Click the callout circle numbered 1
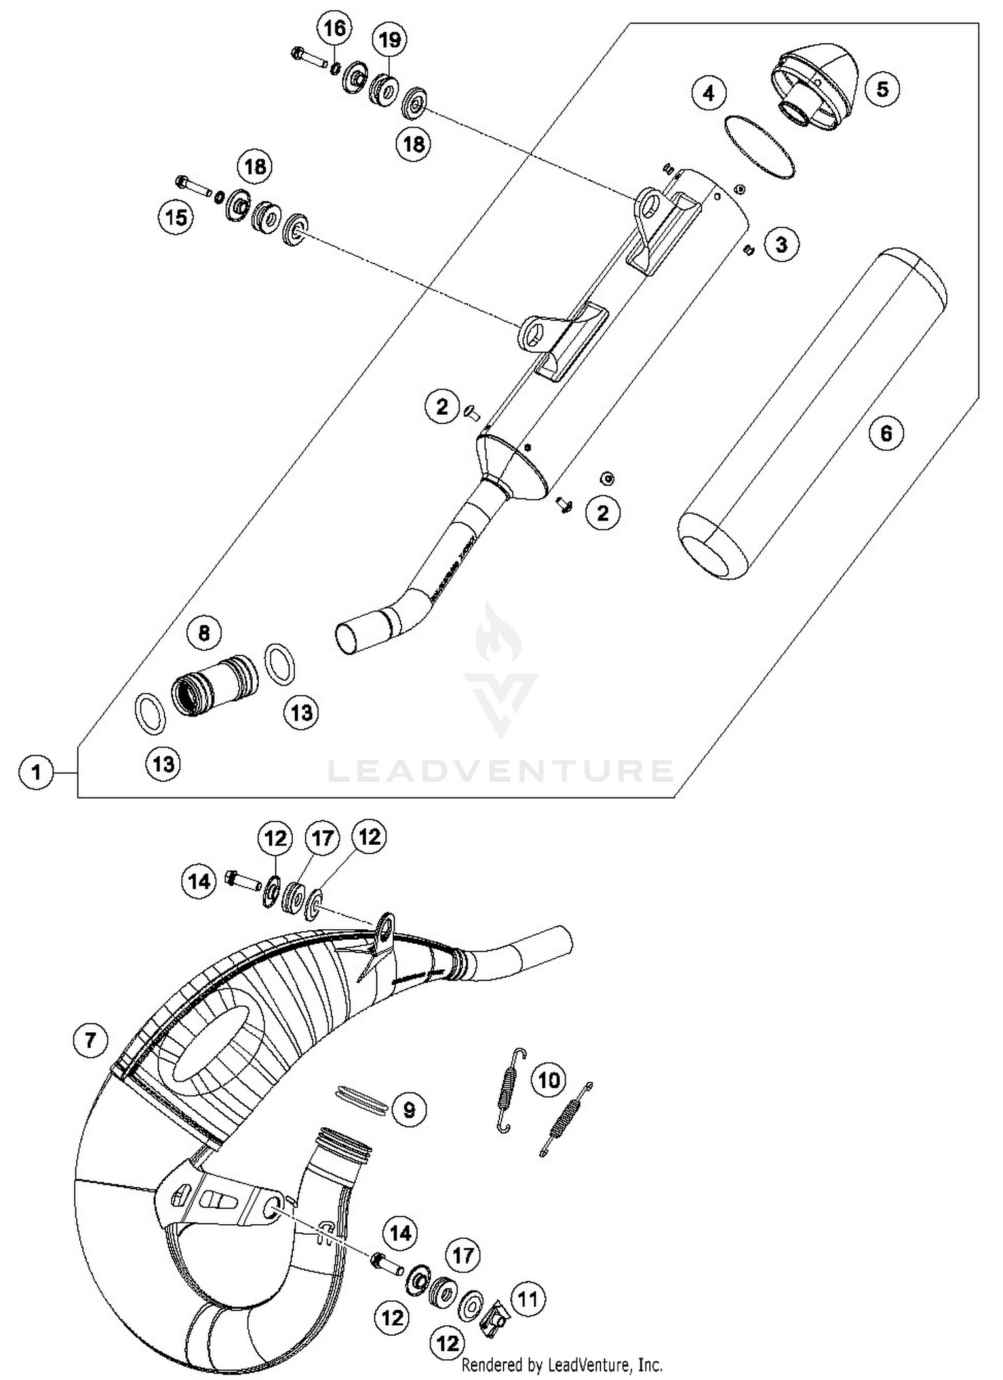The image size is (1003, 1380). (x=36, y=773)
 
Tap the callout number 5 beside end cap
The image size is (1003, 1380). (x=882, y=89)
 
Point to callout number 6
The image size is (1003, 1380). (x=886, y=433)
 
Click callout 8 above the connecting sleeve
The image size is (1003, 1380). (x=205, y=633)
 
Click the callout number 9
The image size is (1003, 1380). (x=409, y=1110)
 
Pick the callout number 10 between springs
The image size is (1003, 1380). (x=549, y=1080)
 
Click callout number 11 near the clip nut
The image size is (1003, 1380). (x=528, y=1300)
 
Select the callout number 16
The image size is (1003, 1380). (x=335, y=29)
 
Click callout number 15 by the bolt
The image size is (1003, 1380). (x=177, y=217)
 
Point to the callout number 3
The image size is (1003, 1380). (x=782, y=244)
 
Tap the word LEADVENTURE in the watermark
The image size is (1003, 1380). (x=500, y=771)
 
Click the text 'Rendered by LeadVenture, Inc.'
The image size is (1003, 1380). (x=562, y=1365)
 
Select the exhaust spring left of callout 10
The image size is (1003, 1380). (x=511, y=1090)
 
